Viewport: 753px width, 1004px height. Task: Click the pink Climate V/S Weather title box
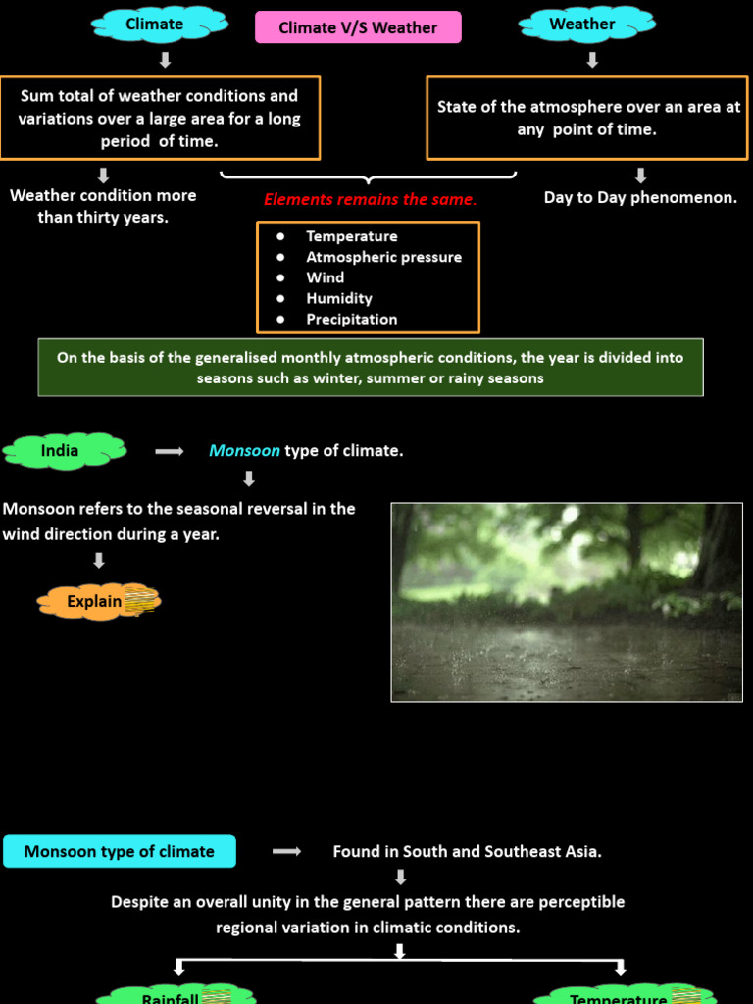click(358, 27)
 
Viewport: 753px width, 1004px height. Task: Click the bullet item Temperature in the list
click(351, 236)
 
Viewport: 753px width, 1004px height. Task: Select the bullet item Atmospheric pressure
click(383, 257)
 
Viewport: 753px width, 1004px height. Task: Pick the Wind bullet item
click(325, 277)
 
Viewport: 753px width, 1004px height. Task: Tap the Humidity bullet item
click(338, 298)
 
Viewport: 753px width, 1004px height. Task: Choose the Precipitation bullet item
click(351, 319)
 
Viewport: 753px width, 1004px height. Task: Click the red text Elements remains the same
click(370, 199)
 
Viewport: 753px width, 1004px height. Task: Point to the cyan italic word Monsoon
click(244, 451)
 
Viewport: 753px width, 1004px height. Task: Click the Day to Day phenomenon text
click(640, 198)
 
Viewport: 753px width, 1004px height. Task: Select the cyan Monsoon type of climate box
click(120, 851)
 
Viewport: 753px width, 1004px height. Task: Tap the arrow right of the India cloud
click(170, 451)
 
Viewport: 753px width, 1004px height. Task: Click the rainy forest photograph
click(567, 602)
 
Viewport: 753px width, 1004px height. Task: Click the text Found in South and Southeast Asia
click(467, 851)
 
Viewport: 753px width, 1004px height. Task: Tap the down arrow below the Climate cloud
click(165, 60)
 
